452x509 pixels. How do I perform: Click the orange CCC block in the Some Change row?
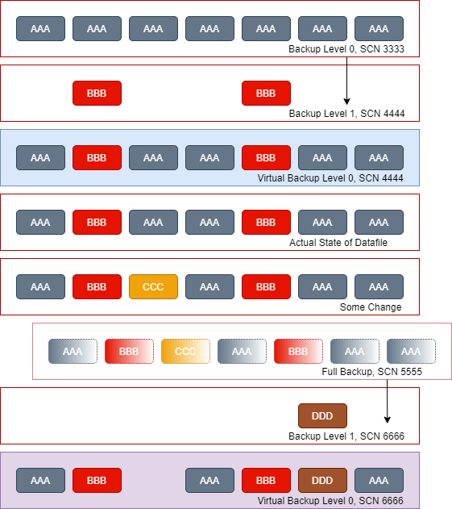pos(153,286)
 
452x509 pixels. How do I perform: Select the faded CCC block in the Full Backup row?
pos(185,351)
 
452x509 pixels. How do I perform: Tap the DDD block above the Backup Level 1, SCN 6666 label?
pos(322,416)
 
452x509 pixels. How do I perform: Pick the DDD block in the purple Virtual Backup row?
pos(322,481)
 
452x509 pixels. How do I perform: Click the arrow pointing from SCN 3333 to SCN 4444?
pos(346,81)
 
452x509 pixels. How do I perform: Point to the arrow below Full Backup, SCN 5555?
pos(388,401)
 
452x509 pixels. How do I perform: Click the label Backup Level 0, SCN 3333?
pos(346,49)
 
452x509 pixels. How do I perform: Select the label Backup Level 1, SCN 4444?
pos(346,114)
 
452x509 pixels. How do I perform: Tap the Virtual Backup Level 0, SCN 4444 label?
pos(330,178)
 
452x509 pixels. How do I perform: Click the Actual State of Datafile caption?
pos(338,243)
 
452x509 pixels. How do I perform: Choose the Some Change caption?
pos(371,307)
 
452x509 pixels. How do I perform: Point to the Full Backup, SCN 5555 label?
pos(372,372)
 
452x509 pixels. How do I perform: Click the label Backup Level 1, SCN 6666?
pos(346,436)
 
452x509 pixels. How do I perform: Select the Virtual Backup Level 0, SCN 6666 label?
pos(330,501)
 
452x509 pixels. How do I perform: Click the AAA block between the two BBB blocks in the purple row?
pos(209,481)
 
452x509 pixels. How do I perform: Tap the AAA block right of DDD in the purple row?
pos(379,481)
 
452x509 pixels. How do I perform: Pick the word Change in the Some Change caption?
pos(384,307)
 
